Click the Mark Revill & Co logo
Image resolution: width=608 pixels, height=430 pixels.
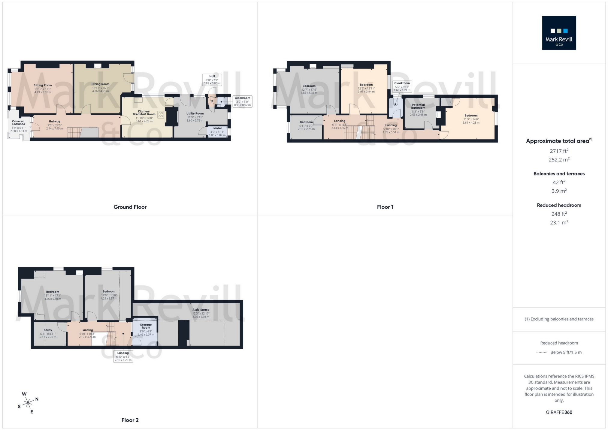[x=559, y=33]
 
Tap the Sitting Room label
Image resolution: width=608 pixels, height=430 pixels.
[x=43, y=85]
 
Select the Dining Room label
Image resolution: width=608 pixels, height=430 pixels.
[x=100, y=84]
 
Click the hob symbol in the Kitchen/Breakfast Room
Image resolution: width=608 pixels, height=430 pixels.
[x=161, y=115]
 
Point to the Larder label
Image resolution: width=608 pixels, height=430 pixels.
[x=217, y=128]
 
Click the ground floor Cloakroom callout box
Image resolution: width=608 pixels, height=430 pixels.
[x=242, y=101]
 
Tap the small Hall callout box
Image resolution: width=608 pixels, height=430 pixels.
[x=212, y=80]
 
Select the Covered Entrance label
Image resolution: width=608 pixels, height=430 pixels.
[x=18, y=123]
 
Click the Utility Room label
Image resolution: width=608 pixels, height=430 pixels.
[x=195, y=113]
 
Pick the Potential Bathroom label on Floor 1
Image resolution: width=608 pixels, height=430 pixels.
[x=418, y=106]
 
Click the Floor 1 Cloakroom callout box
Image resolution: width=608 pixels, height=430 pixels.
[x=402, y=86]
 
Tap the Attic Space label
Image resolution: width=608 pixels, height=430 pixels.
[x=201, y=310]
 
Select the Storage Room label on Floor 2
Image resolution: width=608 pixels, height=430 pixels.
[x=146, y=326]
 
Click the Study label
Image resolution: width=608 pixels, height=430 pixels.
[x=48, y=330]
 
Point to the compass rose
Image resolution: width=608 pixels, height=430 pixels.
[x=28, y=403]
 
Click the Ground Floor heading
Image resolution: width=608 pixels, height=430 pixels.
[x=130, y=207]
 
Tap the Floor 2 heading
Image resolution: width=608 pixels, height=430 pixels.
[x=130, y=420]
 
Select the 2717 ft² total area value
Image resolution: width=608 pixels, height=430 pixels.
[x=559, y=151]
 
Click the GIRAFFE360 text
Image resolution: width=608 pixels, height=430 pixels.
[x=559, y=412]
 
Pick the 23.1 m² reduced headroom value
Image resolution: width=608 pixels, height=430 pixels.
[x=559, y=222]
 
